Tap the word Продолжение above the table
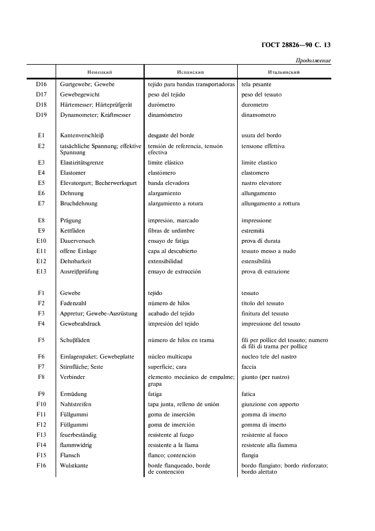tap(313, 61)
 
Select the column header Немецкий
tap(99, 73)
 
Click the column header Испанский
tap(191, 73)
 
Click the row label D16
tap(41, 85)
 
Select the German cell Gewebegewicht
tap(80, 95)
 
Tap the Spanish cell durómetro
tap(161, 105)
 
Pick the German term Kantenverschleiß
tap(82, 136)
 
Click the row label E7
tap(41, 204)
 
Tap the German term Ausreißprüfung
tap(79, 272)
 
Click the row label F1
tap(41, 293)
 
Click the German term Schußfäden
tap(75, 340)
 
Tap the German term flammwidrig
tap(76, 445)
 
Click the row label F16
tap(41, 466)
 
